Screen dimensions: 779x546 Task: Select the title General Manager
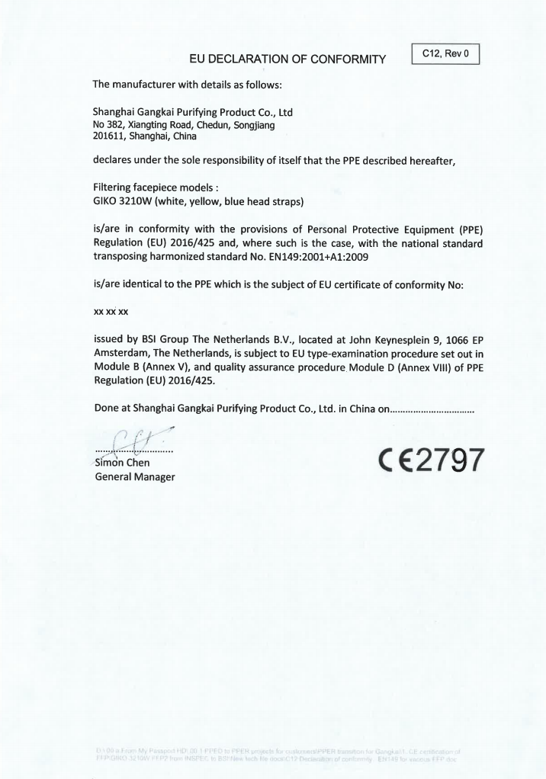tap(133, 476)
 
